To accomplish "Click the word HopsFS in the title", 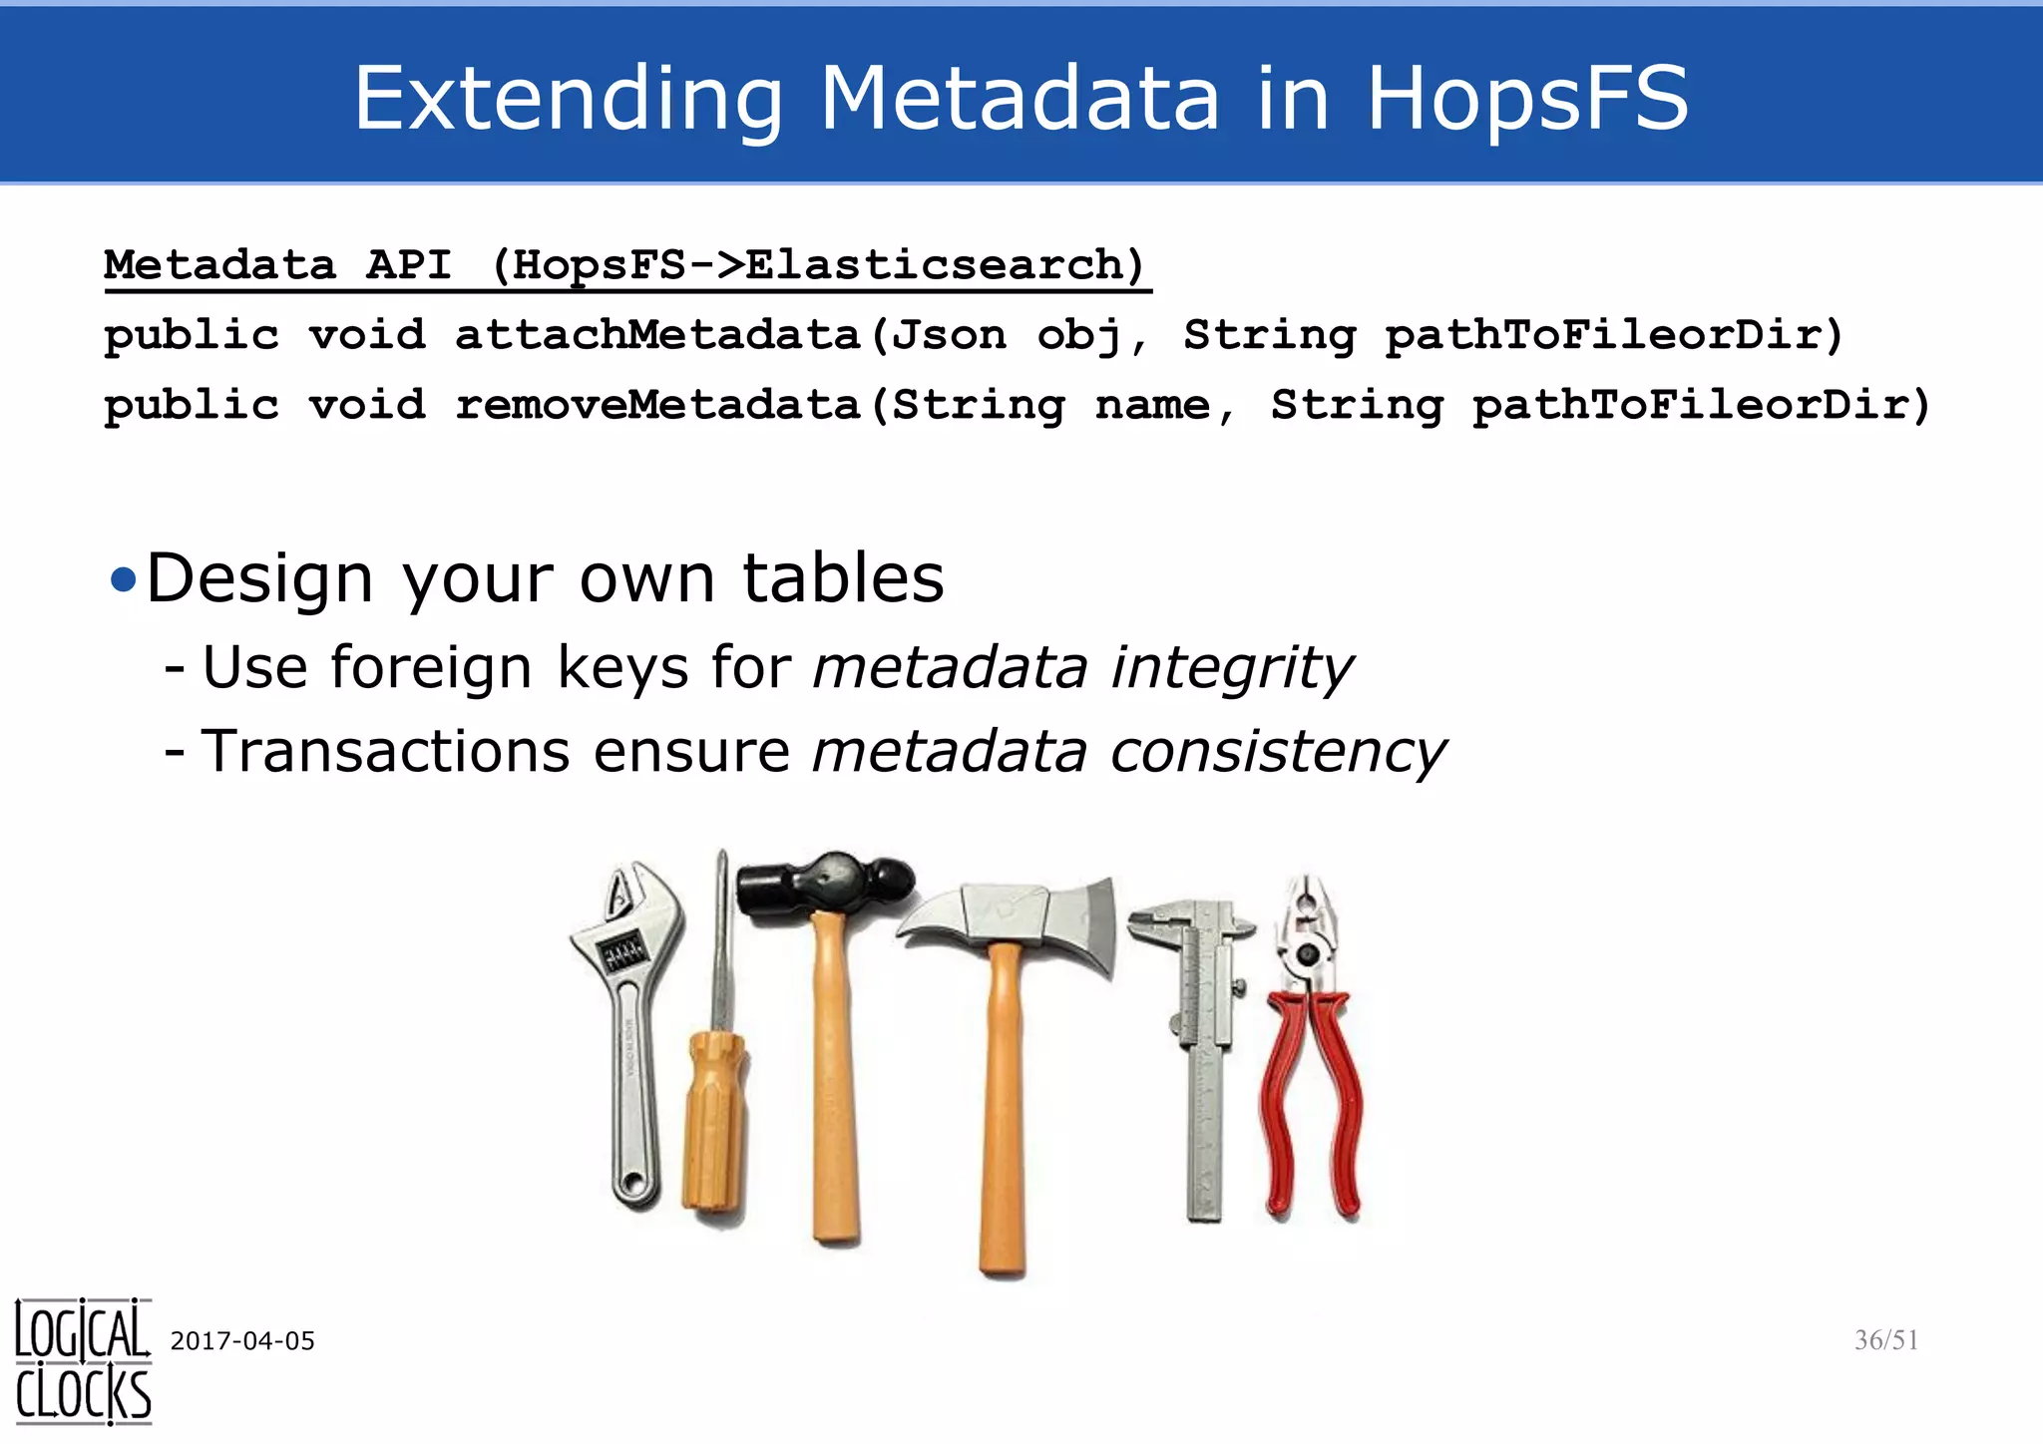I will point(1526,98).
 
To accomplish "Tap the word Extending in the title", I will point(569,100).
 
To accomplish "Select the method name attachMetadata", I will point(658,335).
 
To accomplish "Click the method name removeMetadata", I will point(658,405).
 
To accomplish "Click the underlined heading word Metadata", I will point(220,265).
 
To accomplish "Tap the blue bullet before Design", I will point(123,579).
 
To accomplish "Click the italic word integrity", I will point(1232,667).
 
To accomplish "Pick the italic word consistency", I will point(1278,751).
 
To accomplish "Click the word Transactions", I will point(385,751).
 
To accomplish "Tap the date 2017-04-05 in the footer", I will point(242,1340).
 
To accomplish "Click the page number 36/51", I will point(1885,1339).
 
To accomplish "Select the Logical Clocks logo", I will point(83,1360).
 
